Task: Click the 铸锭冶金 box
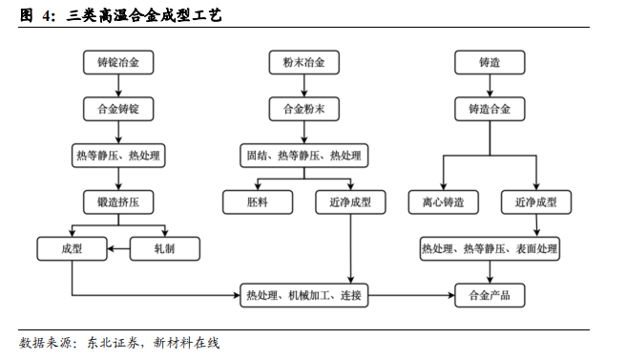click(x=118, y=63)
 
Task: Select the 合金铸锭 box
click(x=118, y=109)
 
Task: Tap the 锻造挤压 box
click(x=118, y=201)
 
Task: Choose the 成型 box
click(x=72, y=248)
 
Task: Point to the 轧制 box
click(x=165, y=248)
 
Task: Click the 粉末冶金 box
click(x=303, y=63)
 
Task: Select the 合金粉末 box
click(x=303, y=109)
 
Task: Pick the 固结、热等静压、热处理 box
click(x=303, y=156)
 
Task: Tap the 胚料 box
click(x=257, y=201)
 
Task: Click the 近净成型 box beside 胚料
click(x=350, y=201)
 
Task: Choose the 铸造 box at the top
click(x=490, y=63)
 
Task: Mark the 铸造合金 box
click(x=490, y=109)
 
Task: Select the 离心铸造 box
click(x=443, y=201)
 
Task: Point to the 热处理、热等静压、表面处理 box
click(x=490, y=248)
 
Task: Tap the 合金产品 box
click(x=490, y=294)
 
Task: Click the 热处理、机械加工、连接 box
click(x=303, y=294)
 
